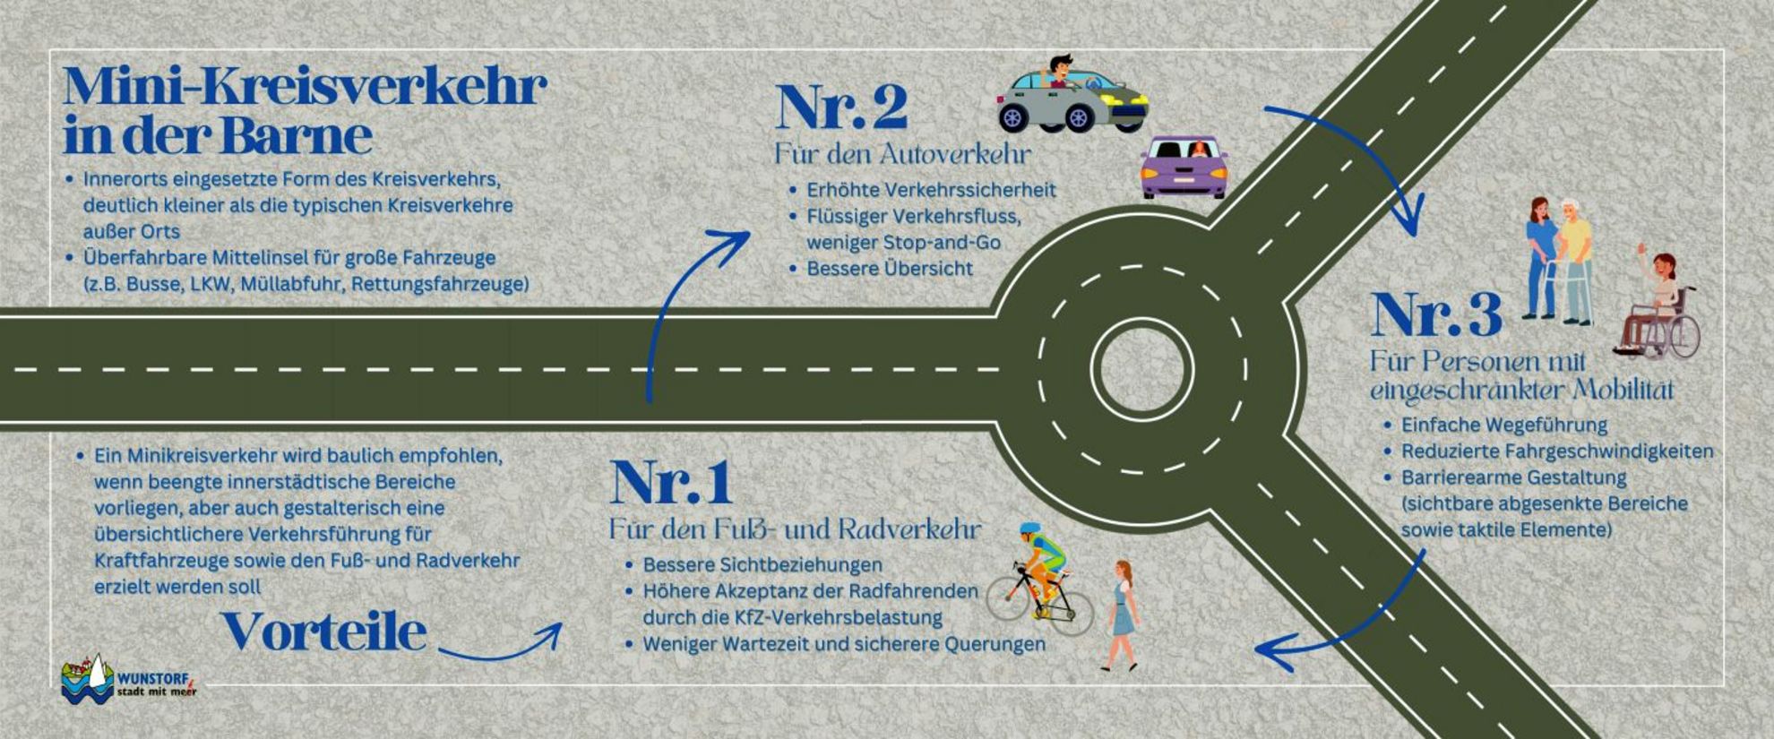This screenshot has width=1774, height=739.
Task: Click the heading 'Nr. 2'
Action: [x=841, y=107]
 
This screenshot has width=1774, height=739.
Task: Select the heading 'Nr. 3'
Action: [x=1435, y=315]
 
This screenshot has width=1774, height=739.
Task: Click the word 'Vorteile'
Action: [x=323, y=632]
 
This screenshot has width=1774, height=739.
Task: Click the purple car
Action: [x=1184, y=168]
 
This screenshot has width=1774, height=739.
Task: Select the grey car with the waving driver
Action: [x=1072, y=95]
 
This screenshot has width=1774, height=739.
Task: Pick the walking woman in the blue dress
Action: [x=1121, y=614]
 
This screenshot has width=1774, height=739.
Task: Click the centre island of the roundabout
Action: [x=1141, y=368]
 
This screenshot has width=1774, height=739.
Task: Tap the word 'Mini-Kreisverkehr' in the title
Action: [x=305, y=86]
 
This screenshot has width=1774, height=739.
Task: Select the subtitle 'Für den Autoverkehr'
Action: [x=903, y=154]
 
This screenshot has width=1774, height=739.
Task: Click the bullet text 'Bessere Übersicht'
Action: [x=890, y=269]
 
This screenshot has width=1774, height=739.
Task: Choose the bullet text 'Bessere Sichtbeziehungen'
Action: [x=762, y=565]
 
